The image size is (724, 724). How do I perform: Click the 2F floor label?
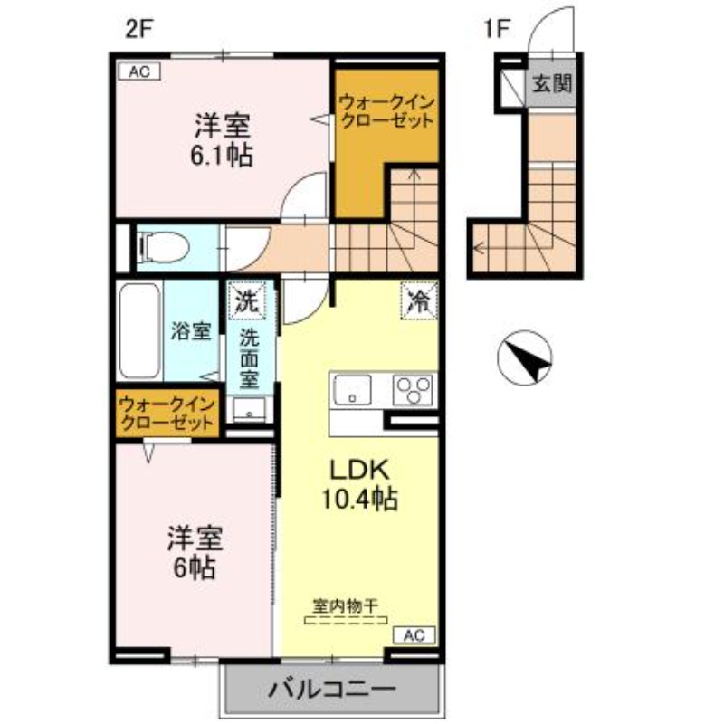point(140,26)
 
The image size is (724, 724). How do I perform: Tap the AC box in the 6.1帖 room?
point(138,71)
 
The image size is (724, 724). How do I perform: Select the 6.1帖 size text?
point(220,155)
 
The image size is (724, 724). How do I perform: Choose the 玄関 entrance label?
point(551,85)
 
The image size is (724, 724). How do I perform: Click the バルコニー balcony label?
point(331,690)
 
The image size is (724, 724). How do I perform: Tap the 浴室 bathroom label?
point(191,331)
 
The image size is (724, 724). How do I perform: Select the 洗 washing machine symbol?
point(246,299)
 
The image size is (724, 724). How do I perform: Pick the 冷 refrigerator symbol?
point(418,300)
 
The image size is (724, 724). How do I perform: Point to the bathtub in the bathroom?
point(141,332)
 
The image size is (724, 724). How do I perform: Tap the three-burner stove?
point(414,391)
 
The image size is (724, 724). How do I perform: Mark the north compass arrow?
point(529,360)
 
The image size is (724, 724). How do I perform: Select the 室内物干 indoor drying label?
point(346,605)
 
